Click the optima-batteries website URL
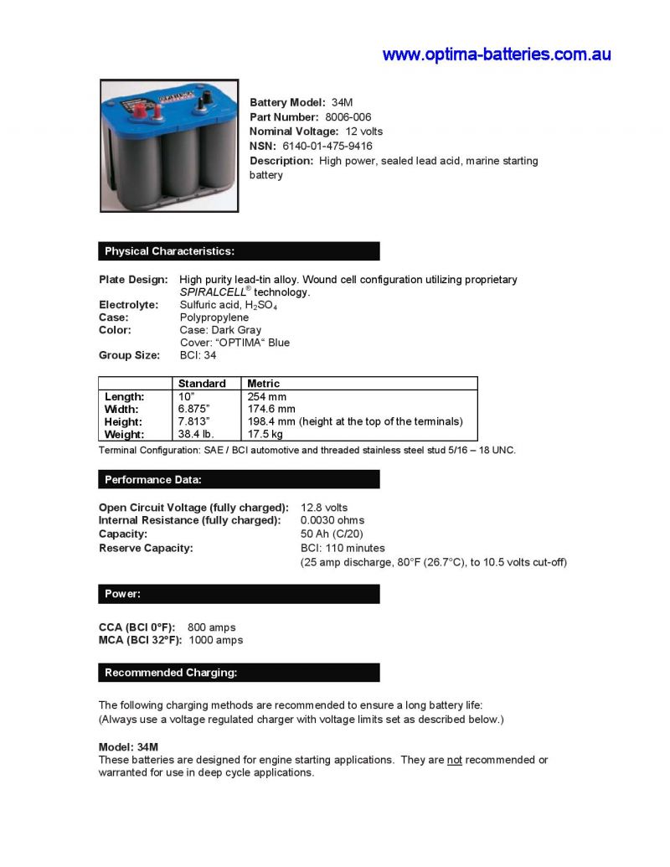(497, 54)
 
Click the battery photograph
(169, 145)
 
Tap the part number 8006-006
(348, 117)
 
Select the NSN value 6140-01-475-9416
(333, 146)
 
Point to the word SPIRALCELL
(212, 292)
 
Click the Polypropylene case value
(214, 317)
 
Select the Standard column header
(202, 384)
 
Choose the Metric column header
(264, 384)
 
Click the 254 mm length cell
(267, 396)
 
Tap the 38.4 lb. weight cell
(196, 434)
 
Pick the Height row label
(123, 422)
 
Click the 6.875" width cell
(194, 409)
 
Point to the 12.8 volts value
(324, 508)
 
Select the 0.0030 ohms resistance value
(332, 520)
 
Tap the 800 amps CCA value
(212, 627)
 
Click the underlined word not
(454, 761)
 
